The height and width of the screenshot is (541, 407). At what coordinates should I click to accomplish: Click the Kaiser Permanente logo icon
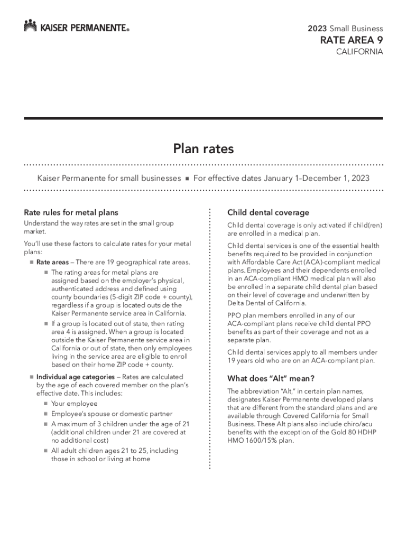point(30,25)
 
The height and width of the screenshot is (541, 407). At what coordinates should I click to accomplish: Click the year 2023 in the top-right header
point(317,29)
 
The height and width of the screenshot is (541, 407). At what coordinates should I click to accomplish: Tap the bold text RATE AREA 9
point(350,41)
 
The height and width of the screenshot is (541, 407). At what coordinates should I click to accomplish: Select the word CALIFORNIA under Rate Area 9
point(360,52)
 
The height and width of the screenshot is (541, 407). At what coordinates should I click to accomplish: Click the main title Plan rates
point(203,149)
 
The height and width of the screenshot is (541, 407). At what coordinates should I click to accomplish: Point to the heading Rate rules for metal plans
point(71,212)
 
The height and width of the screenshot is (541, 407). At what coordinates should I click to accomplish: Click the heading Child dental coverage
point(268,212)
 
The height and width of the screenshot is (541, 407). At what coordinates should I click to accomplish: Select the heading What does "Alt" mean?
point(271,378)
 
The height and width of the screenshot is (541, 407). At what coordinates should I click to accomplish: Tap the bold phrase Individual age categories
point(75,377)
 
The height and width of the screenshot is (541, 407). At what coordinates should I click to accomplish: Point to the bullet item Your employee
point(74,404)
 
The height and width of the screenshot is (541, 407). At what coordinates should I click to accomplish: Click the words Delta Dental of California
point(266,303)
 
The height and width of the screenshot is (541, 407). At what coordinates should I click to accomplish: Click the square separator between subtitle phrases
point(187,179)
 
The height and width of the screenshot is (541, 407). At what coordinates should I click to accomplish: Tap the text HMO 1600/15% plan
point(260,441)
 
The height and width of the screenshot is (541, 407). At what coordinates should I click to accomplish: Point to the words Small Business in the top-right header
point(356,29)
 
